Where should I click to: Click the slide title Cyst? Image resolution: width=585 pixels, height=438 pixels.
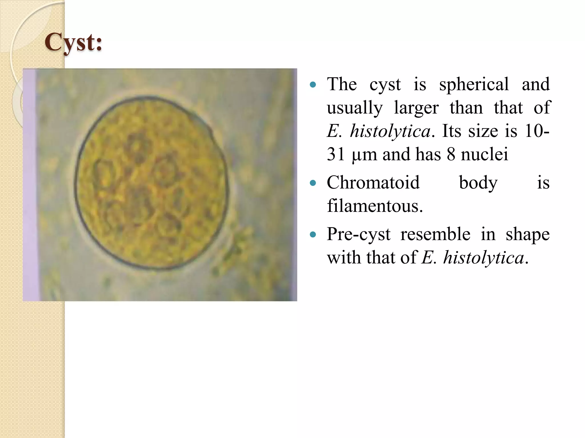click(73, 42)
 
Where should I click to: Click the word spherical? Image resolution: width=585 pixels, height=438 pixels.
click(474, 84)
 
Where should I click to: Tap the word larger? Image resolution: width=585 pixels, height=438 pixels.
click(416, 108)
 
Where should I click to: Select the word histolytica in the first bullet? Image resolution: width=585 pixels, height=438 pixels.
click(390, 131)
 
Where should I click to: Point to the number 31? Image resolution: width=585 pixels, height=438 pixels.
click(336, 154)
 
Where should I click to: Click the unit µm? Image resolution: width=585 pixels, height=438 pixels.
click(364, 155)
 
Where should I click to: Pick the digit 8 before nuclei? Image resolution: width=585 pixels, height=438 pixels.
click(451, 154)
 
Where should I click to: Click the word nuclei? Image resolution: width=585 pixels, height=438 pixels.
click(484, 154)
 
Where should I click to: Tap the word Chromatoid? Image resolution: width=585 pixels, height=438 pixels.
click(373, 182)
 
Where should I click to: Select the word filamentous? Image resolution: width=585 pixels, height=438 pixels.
click(374, 206)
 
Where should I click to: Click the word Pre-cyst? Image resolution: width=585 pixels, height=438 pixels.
click(358, 235)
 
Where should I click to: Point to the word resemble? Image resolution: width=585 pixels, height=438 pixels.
click(435, 234)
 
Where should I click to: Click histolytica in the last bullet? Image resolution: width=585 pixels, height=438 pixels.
click(484, 258)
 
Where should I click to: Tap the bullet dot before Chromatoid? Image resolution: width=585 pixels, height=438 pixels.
click(313, 183)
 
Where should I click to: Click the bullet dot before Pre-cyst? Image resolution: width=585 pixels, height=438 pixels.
click(313, 235)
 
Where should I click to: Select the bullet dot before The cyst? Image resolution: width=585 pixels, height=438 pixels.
click(313, 85)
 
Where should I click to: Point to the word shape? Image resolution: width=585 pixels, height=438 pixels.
click(528, 235)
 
